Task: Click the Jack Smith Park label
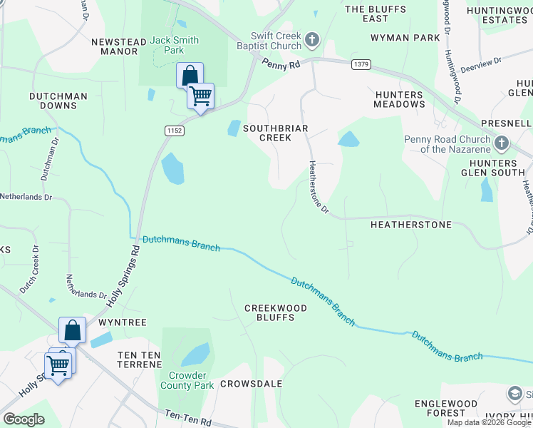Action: click(x=175, y=46)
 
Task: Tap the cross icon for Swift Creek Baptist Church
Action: click(x=311, y=39)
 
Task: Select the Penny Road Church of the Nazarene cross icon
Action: click(x=501, y=143)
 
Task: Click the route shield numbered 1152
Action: click(x=174, y=131)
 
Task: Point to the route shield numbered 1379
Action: click(x=361, y=65)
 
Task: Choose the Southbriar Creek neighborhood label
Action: click(x=267, y=133)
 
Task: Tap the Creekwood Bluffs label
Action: click(x=275, y=312)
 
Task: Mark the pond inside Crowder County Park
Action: click(x=195, y=355)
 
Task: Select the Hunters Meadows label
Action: click(x=399, y=99)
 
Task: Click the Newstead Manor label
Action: click(x=115, y=46)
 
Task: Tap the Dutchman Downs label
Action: click(x=58, y=101)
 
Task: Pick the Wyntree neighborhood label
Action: click(x=122, y=322)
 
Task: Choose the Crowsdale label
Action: click(x=251, y=384)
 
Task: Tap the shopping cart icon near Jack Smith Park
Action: click(x=200, y=95)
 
